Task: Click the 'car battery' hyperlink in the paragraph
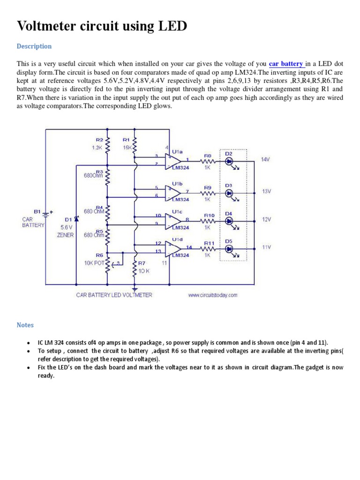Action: coord(286,64)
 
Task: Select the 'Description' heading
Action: coord(34,46)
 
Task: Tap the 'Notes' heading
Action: coord(25,325)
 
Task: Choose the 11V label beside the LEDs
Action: coord(266,247)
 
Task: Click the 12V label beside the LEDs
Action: coord(266,219)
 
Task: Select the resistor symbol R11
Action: coord(209,249)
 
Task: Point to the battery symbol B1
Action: coord(45,214)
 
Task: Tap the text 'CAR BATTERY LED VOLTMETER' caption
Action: coord(114,295)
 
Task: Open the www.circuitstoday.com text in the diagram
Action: coord(213,295)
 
